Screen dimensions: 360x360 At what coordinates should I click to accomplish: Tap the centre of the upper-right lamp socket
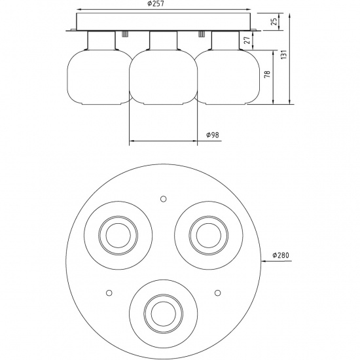208,232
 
